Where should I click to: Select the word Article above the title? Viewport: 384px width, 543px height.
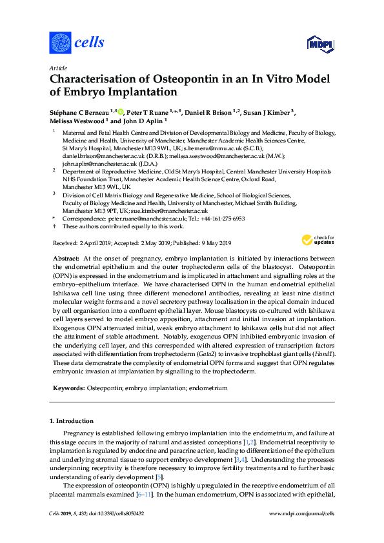58,66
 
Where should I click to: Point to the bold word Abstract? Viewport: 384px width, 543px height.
65,257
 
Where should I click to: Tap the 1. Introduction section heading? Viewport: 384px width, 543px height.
73,421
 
